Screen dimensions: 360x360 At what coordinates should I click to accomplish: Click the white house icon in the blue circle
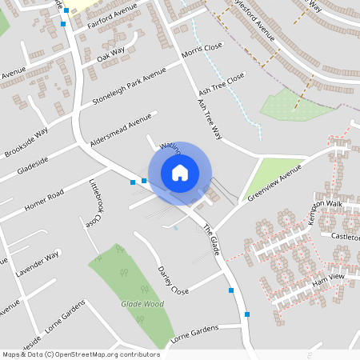tap(180, 173)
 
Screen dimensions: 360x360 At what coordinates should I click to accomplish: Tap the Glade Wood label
tap(142, 304)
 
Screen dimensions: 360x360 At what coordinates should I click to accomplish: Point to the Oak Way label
tap(111, 55)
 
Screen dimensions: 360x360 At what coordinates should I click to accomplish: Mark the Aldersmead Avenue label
tap(121, 127)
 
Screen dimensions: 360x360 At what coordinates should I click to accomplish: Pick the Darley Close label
tap(173, 280)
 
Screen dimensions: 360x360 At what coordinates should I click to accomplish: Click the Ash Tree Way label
tap(207, 119)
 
